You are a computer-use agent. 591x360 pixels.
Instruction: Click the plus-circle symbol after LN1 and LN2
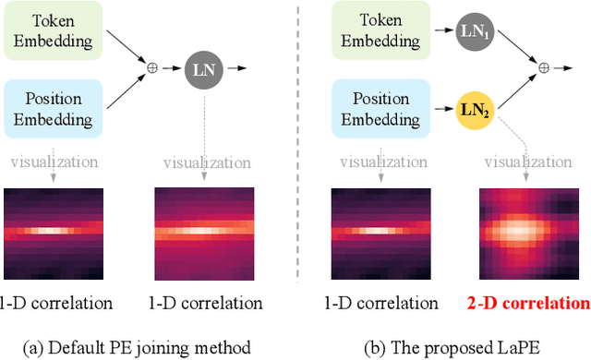(x=543, y=67)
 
